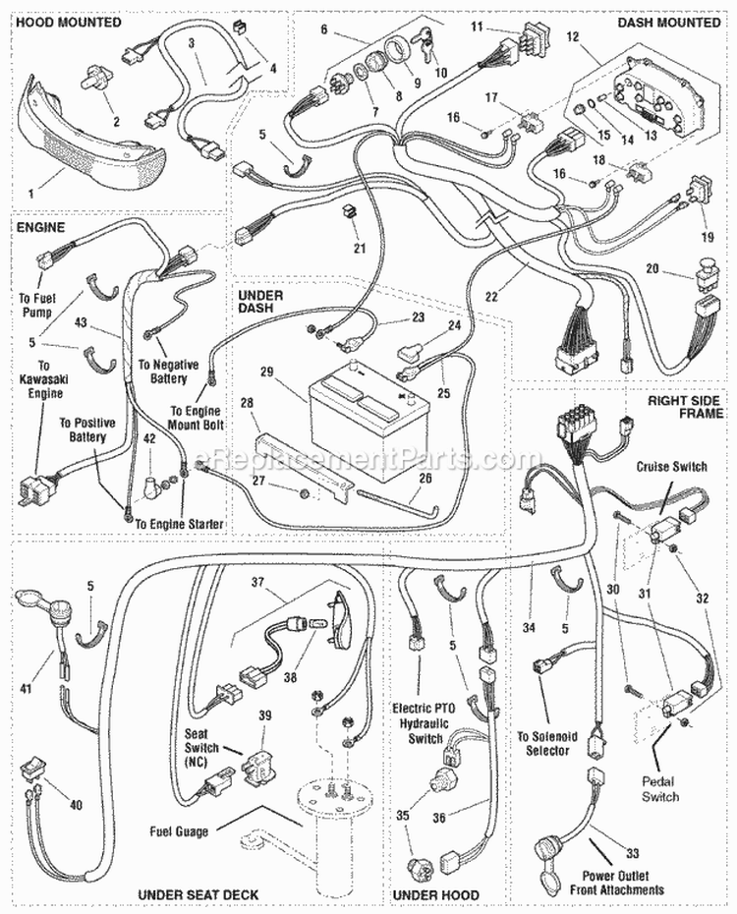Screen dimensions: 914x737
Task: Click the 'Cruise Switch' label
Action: (671, 467)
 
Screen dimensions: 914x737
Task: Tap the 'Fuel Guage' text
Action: (180, 831)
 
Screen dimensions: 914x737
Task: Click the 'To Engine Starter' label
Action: (179, 525)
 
